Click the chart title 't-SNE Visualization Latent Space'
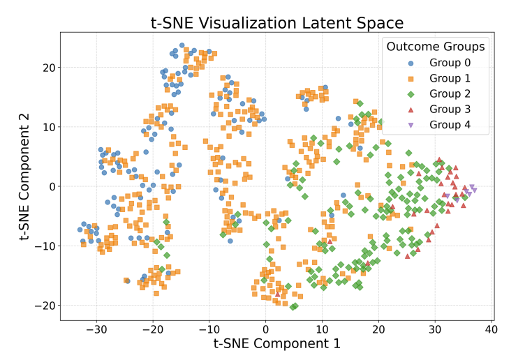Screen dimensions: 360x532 (277, 22)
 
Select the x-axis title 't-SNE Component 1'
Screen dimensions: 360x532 (277, 343)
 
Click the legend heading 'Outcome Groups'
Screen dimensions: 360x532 (436, 47)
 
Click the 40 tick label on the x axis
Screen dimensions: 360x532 (491, 329)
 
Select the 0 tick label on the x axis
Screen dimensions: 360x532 (265, 329)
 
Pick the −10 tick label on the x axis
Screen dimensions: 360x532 (209, 329)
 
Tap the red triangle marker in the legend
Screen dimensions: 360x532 (411, 110)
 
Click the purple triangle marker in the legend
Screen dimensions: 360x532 (411, 125)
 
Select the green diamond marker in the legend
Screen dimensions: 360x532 (411, 93)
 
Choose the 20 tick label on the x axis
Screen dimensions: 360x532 (378, 329)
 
